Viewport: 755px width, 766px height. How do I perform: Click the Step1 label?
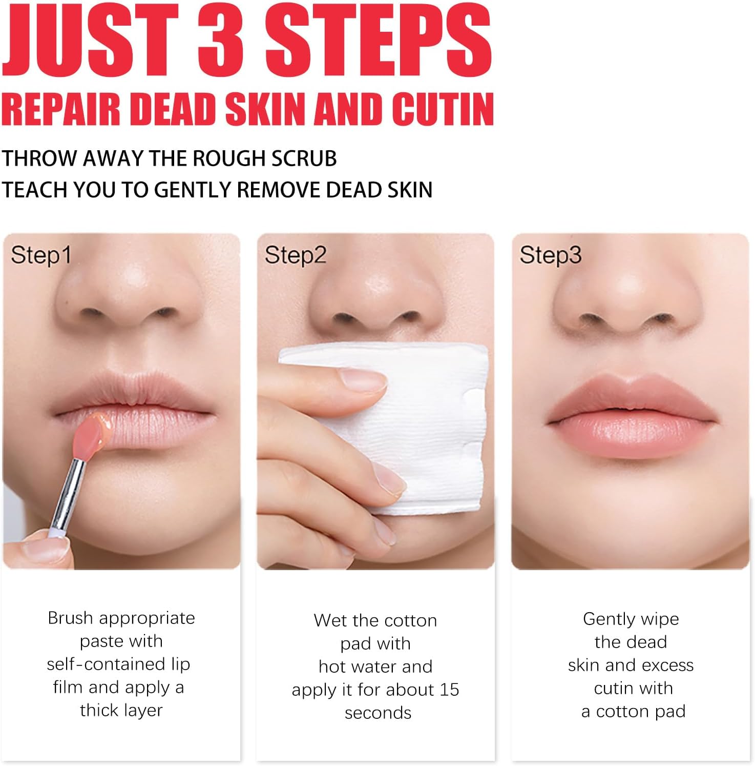(41, 255)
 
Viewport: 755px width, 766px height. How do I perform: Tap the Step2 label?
(296, 255)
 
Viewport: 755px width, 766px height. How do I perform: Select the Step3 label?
(551, 255)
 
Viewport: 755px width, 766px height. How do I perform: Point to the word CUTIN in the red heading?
(443, 109)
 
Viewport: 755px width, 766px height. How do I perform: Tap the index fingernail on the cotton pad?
(363, 380)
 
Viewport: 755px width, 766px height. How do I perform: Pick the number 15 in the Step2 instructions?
(449, 690)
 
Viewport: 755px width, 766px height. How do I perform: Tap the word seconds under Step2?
(378, 713)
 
